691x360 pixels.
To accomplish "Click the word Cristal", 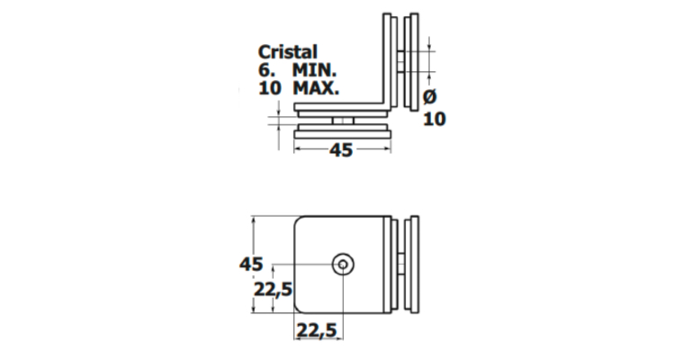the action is point(287,52).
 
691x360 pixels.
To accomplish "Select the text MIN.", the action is point(314,70).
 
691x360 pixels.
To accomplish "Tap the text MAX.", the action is point(316,88).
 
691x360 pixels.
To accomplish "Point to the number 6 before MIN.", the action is point(265,70).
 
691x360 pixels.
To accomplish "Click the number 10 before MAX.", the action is point(269,88).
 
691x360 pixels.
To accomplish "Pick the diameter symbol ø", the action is point(430,97).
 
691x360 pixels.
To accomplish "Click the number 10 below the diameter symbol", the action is point(435,119).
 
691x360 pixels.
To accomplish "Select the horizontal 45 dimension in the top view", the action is point(341,150).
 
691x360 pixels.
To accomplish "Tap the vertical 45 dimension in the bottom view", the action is point(251,264).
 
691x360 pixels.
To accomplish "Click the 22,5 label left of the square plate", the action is point(274,290).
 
